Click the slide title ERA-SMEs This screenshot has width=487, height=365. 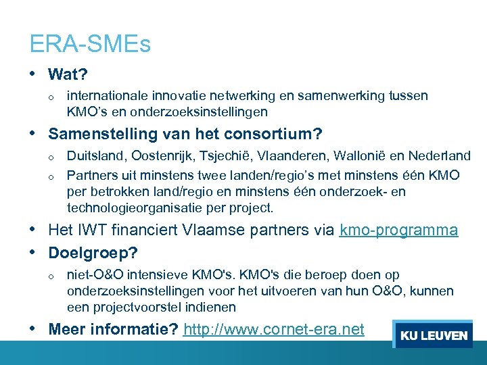pyautogui.click(x=90, y=45)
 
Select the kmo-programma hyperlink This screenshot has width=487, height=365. pyautogui.click(x=399, y=230)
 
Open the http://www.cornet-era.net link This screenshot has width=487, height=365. pyautogui.click(x=274, y=330)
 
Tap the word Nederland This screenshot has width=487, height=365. pyautogui.click(x=441, y=157)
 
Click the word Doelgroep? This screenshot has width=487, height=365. pyautogui.click(x=93, y=253)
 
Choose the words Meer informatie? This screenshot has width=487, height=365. pyautogui.click(x=113, y=330)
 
